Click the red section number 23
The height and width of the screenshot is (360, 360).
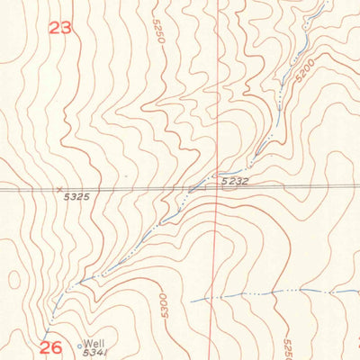coord(60,28)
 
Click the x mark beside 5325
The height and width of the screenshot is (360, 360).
coord(59,190)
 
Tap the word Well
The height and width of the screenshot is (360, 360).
coord(94,343)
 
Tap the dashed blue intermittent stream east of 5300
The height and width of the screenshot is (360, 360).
coord(270,293)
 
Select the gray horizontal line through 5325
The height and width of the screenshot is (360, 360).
coord(135,189)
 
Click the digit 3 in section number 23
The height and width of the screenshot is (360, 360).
coord(67,28)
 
